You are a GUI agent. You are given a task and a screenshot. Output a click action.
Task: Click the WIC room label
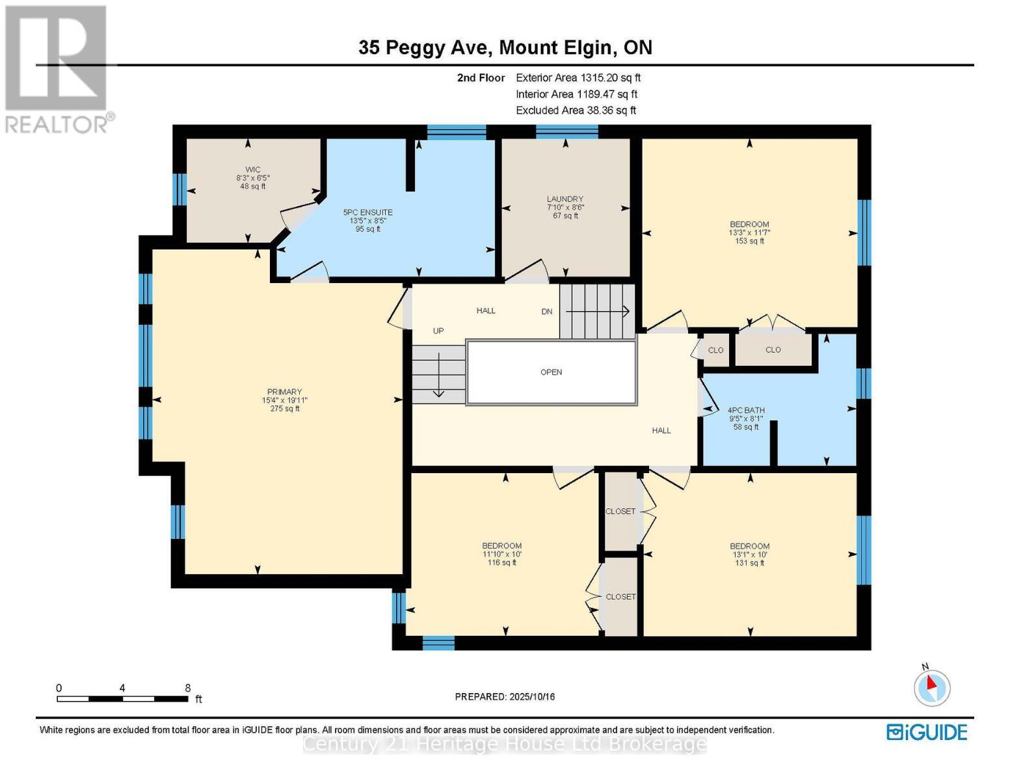253,170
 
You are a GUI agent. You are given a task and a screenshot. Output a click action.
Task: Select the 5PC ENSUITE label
367,212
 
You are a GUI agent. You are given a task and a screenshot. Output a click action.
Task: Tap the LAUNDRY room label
565,199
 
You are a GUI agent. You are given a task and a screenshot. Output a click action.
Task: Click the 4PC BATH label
746,411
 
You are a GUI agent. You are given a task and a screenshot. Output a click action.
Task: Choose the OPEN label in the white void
551,372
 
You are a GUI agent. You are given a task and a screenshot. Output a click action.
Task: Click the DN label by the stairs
547,312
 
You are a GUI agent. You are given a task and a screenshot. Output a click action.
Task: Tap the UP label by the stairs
438,331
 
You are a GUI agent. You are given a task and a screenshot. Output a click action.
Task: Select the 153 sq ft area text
749,241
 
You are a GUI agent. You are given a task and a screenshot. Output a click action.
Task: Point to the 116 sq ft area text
501,562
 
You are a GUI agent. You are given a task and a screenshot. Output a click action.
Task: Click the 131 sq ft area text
749,563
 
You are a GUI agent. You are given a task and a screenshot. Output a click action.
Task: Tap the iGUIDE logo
927,732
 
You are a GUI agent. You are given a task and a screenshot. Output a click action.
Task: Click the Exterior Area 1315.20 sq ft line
578,77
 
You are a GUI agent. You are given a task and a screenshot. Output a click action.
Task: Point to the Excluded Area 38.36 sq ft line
576,111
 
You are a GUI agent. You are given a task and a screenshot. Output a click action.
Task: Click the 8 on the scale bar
187,688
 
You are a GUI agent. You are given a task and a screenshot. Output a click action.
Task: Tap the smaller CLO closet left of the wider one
715,350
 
